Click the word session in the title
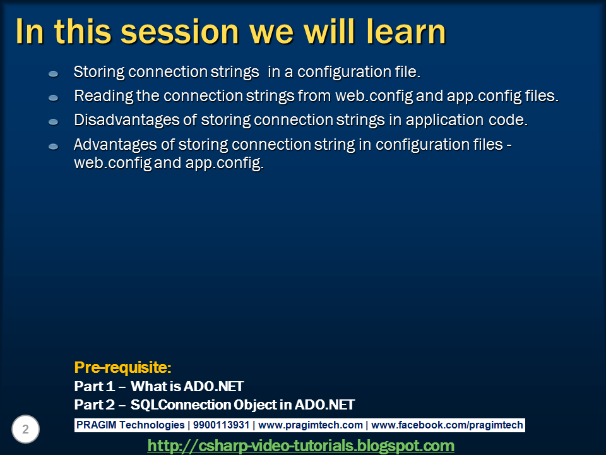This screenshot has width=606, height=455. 180,32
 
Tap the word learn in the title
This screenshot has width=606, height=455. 406,32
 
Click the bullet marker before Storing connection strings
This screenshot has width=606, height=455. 53,73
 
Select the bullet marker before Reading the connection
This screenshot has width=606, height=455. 53,98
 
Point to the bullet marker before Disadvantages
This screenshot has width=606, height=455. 53,122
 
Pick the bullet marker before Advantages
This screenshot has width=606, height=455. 53,146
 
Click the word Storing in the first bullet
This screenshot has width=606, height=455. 99,72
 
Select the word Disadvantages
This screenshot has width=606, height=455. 127,120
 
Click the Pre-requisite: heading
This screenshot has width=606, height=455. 122,367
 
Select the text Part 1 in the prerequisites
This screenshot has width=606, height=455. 94,386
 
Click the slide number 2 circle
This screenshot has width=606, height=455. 25,429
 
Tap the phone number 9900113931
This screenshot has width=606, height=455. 221,425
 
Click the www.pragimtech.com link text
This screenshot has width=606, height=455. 311,425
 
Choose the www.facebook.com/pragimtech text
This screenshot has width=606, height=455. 447,425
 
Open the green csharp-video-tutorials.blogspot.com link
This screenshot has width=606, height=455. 300,446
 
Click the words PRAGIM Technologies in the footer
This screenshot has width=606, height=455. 130,425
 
